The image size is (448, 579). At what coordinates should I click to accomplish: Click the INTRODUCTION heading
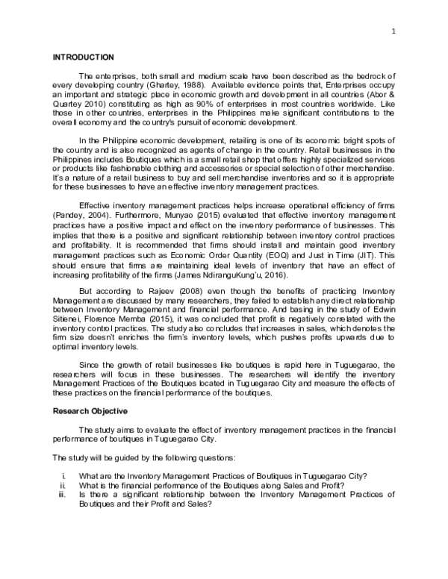pyautogui.click(x=82, y=57)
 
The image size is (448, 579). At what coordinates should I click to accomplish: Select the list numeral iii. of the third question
pyautogui.click(x=63, y=494)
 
